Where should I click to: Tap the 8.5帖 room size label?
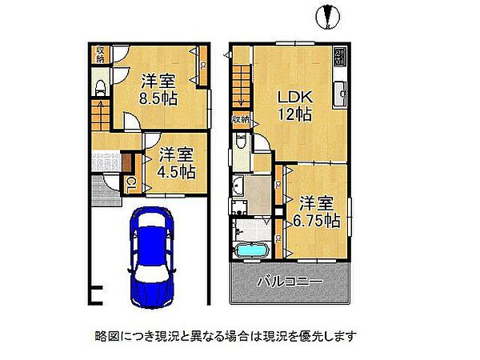coord(158,99)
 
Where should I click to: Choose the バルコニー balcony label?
coord(290,282)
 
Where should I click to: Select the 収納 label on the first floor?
coord(101,54)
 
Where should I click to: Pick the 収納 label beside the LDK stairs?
coord(241,119)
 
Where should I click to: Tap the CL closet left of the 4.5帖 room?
coord(131,184)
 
